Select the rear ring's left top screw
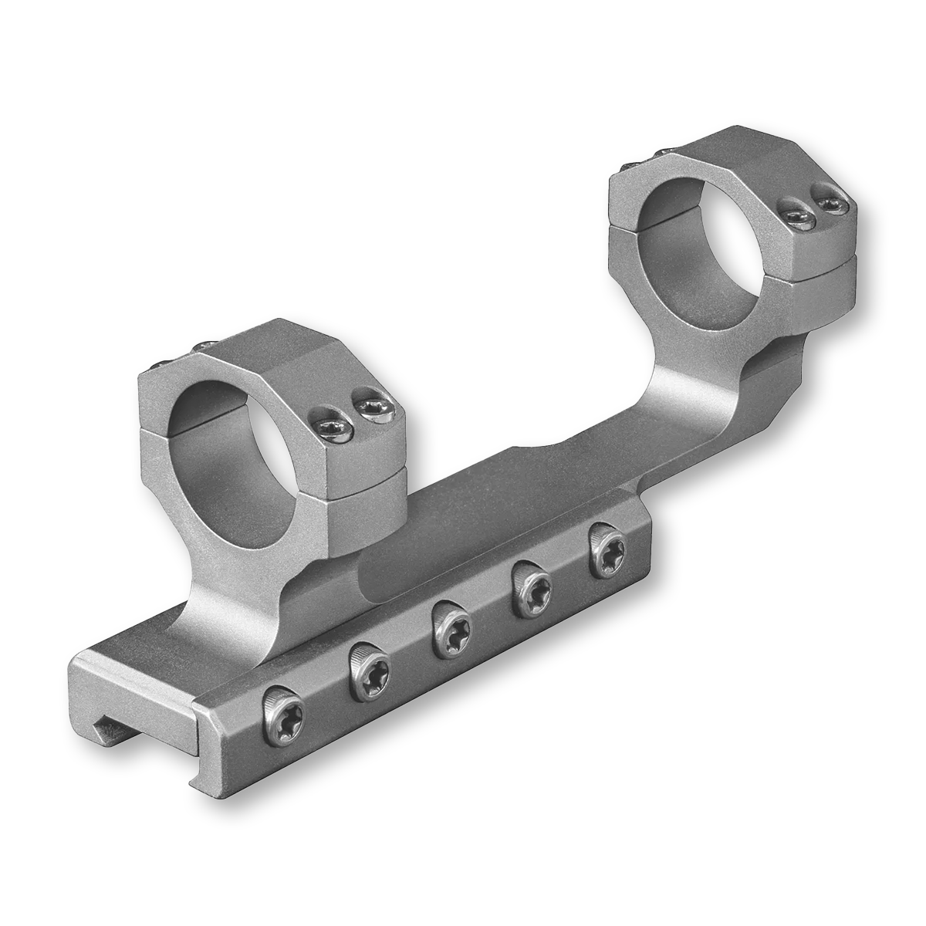click(x=796, y=211)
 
